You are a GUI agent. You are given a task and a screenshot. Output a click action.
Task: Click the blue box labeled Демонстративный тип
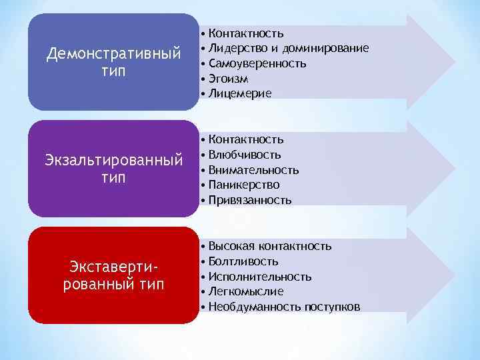[x=113, y=62]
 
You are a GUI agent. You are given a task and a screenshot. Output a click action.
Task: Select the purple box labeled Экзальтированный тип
[x=113, y=169]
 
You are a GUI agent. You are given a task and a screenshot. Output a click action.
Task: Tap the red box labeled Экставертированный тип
[x=113, y=275]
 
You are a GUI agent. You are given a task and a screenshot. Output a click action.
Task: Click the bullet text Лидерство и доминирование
[x=288, y=48]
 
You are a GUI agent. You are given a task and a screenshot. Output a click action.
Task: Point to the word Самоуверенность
[x=257, y=63]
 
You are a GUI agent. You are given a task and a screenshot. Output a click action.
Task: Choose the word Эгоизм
[x=229, y=79]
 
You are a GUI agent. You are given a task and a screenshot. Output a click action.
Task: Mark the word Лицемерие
[x=240, y=94]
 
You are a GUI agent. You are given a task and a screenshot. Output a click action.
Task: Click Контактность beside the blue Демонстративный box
[x=246, y=33]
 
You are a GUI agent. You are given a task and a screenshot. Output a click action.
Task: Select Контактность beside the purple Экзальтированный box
[x=246, y=139]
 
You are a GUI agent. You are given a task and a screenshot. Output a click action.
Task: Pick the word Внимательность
[x=253, y=169]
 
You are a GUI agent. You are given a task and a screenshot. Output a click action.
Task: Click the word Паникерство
[x=244, y=185]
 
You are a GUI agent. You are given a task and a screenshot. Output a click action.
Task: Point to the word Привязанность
[x=250, y=200]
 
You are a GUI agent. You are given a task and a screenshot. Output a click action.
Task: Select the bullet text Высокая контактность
[x=269, y=246]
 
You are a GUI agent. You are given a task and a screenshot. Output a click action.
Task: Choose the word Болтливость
[x=243, y=261]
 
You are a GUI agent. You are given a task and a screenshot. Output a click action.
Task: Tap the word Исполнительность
[x=259, y=277]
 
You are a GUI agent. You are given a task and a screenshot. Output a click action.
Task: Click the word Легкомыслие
[x=246, y=292]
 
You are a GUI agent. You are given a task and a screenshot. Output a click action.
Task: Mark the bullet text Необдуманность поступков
[x=284, y=307]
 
